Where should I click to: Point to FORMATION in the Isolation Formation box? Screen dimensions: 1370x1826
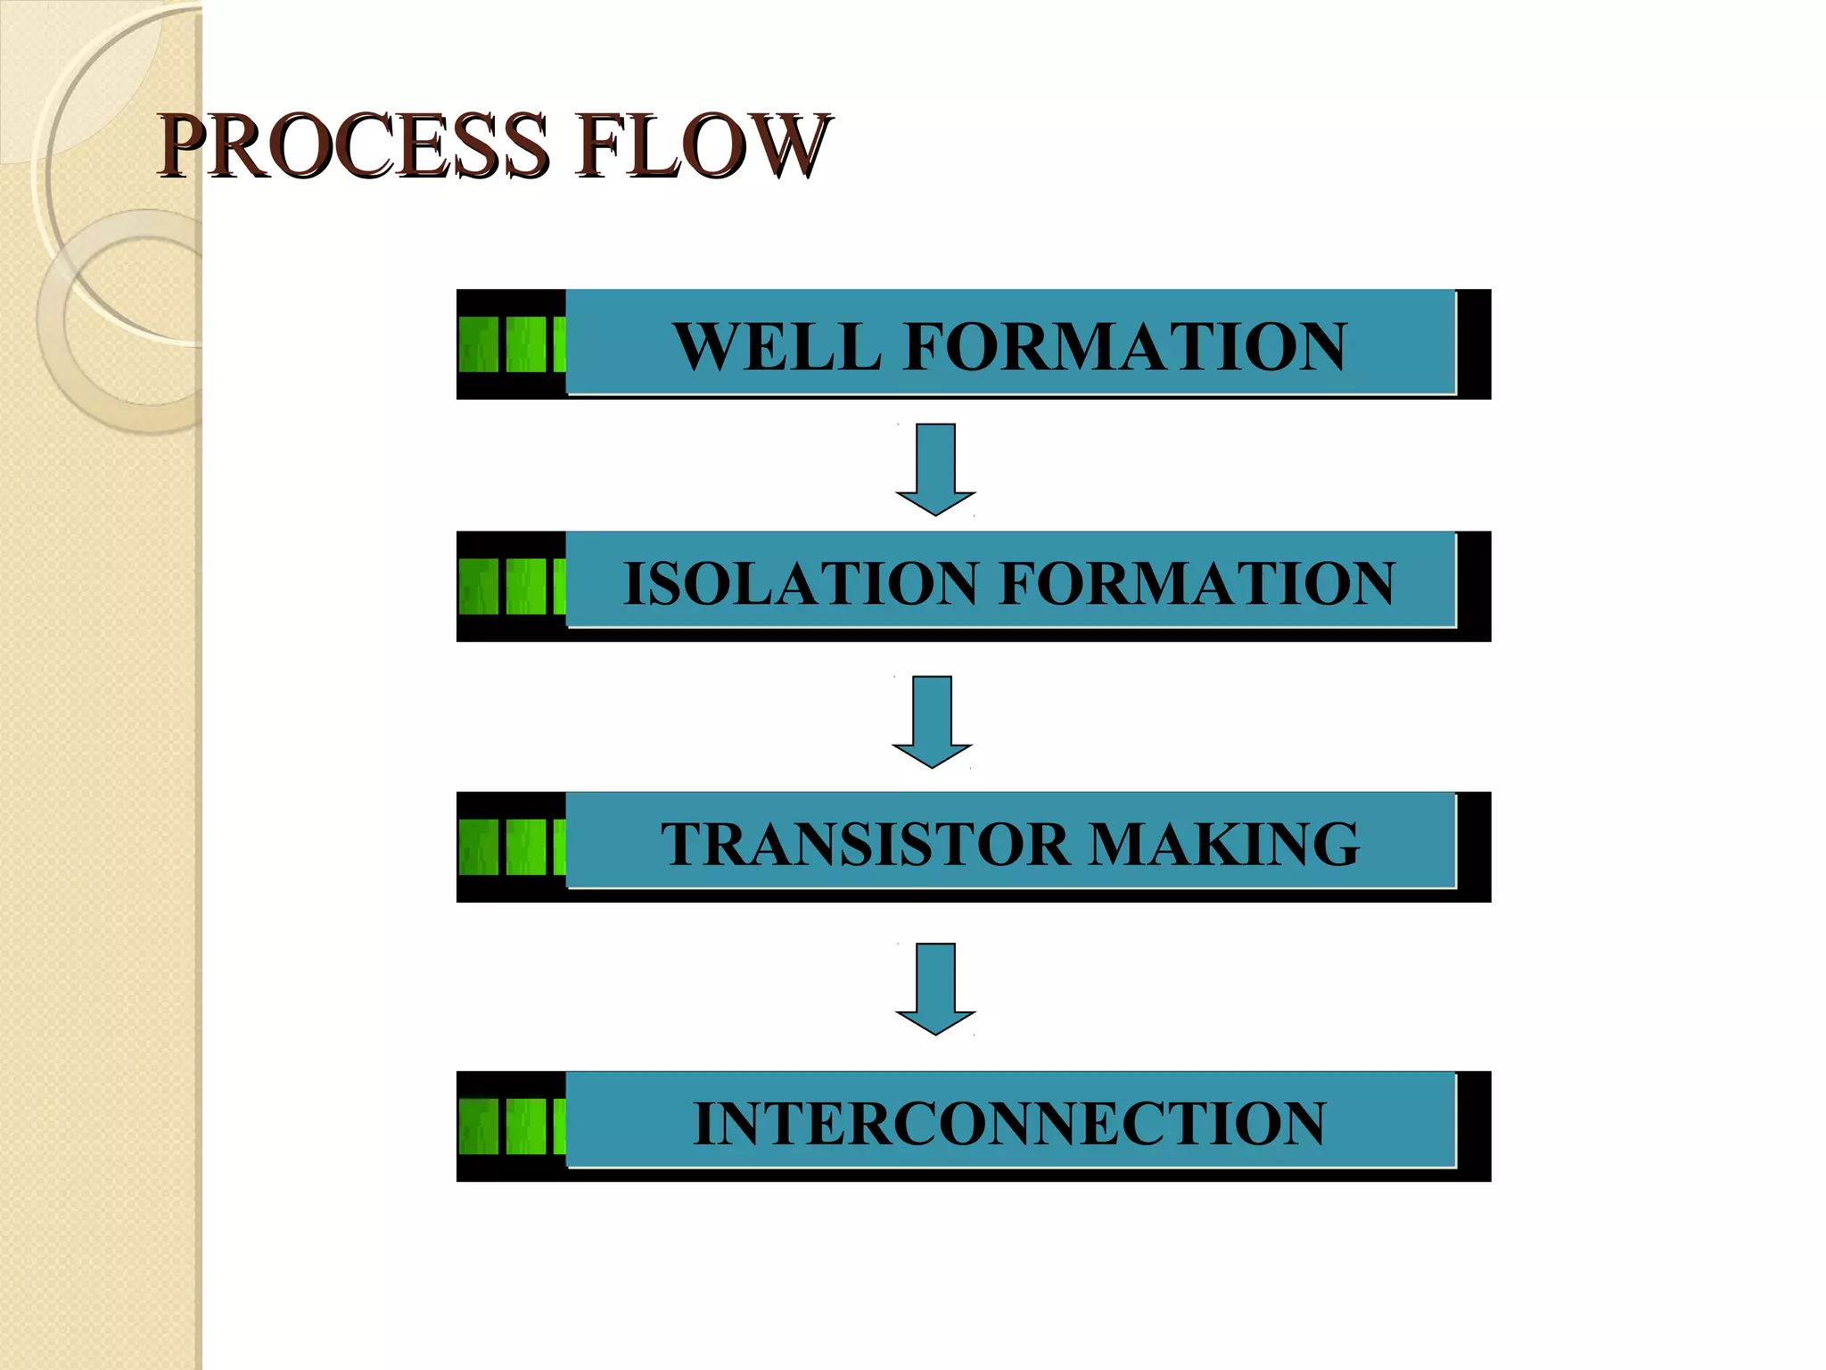1197,583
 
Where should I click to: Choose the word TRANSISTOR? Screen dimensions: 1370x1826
864,844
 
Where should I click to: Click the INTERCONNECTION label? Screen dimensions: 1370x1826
1009,1123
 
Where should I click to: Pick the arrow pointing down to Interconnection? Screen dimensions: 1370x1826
935,987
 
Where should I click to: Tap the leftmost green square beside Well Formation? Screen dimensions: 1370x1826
479,344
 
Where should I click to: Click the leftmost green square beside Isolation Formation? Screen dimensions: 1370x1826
479,586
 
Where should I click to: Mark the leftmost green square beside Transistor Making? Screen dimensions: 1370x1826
479,846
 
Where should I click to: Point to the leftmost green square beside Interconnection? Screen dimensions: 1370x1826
479,1127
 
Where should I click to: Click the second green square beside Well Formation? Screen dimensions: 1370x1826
526,344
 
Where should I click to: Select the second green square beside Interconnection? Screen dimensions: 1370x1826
526,1127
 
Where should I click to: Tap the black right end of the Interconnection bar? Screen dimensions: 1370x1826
1474,1126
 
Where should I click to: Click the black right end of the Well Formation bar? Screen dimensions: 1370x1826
1474,343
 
